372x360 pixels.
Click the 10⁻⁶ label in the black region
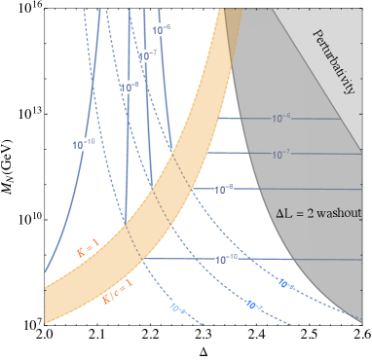coord(162,29)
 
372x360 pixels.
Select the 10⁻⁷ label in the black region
coord(148,55)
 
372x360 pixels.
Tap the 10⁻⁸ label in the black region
coord(130,88)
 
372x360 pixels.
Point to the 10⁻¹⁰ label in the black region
coord(84,144)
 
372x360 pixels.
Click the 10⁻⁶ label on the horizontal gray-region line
coord(280,118)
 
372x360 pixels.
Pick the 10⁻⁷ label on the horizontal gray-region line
coord(281,154)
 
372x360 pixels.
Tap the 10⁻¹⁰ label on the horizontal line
coord(225,259)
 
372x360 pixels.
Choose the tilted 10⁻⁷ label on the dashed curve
coord(254,306)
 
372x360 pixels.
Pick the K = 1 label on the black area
coord(89,248)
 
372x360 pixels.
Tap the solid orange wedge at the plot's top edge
coord(225,16)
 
